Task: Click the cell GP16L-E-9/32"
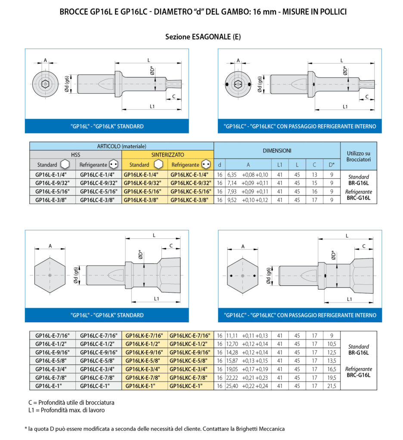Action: pos(53,183)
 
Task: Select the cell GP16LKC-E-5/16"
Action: pos(191,191)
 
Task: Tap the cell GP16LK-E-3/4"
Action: pos(145,369)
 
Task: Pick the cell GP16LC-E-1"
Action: pos(99,386)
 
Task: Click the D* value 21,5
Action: pos(332,386)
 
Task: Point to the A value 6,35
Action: pos(232,174)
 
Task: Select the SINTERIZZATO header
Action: pos(167,155)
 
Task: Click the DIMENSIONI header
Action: pos(277,151)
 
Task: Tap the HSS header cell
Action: pos(76,155)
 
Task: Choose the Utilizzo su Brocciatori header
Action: pos(359,156)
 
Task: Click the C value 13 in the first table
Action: pos(314,174)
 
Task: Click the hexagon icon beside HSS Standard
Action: pos(65,165)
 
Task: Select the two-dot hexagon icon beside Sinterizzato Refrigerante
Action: pos(206,165)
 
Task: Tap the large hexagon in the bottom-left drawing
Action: pos(50,275)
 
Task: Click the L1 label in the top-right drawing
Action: pos(345,107)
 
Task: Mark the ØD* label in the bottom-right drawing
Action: pos(334,255)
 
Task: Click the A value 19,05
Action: pos(232,369)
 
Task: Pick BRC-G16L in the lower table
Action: pos(359,375)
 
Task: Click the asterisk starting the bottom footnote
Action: pos(26,428)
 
